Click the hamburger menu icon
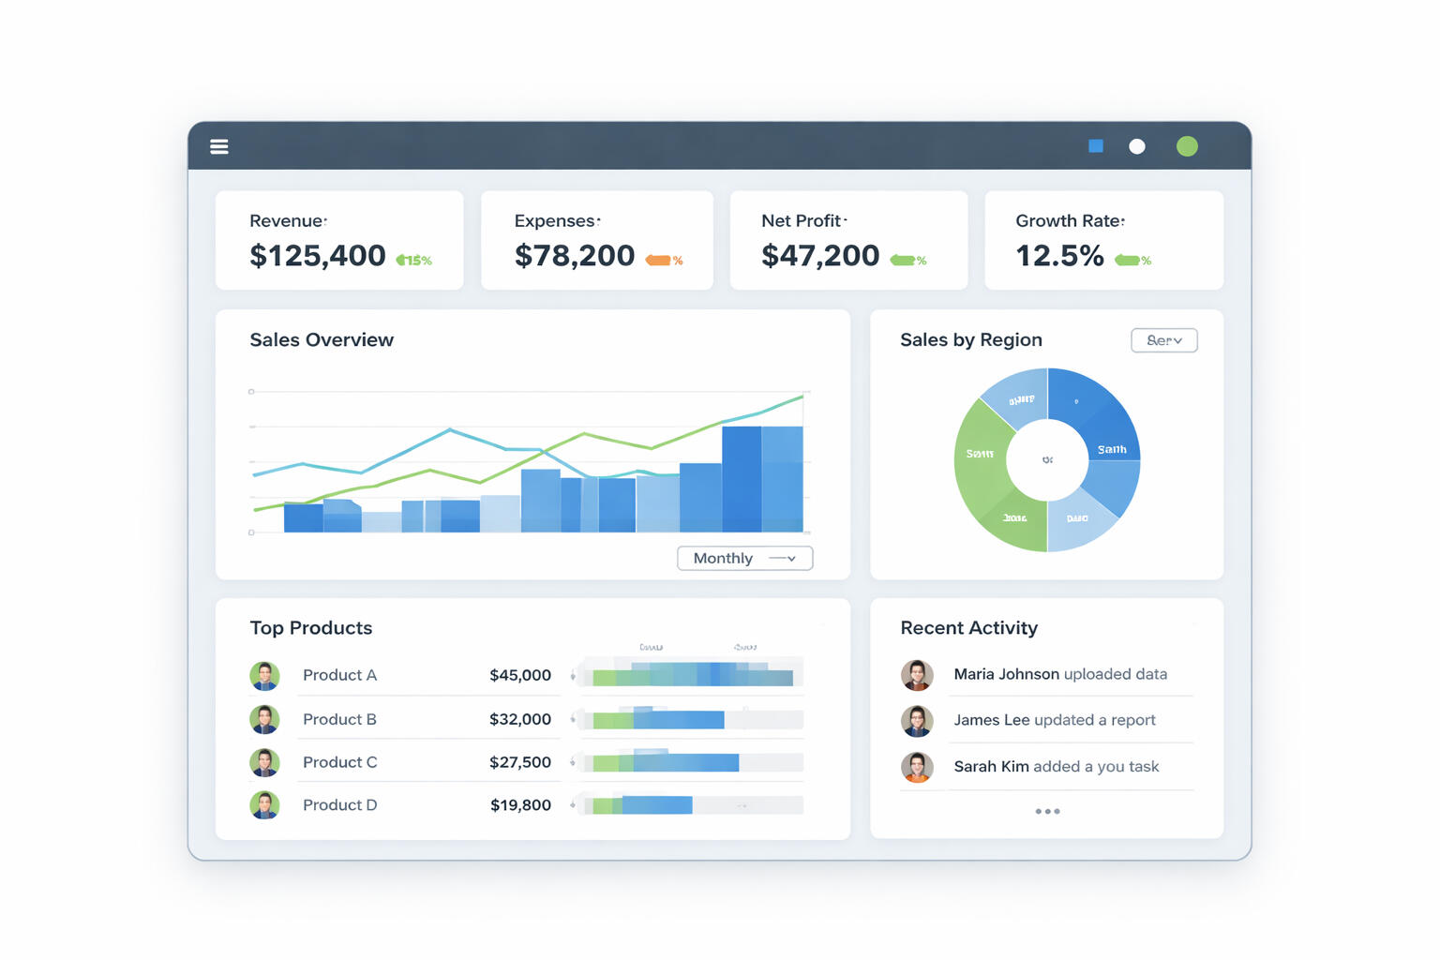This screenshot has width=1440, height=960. pos(219,146)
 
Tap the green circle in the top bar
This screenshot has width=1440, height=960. pos(1187,146)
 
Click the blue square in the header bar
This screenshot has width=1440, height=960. pos(1096,146)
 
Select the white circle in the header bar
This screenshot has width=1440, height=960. pos(1137,146)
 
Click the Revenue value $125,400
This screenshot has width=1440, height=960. pos(318,256)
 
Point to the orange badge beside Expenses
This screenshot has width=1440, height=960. pos(659,261)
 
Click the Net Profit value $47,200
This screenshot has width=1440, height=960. pos(820,256)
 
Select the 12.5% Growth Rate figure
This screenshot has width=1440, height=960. pos(1059,256)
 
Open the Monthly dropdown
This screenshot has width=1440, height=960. pos(744,558)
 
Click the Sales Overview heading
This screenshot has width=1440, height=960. pos(322,340)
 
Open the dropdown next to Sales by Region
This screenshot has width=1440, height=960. pos(1163,340)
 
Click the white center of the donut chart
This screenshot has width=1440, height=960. pos(1047,459)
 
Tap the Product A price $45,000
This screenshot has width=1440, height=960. pos(520,675)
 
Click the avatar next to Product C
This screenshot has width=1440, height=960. pos(264,762)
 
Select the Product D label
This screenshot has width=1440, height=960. pos(339,805)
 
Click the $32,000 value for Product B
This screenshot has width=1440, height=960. pos(520,719)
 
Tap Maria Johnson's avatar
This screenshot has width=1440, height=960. pos(917,675)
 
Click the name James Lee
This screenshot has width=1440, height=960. pos(992,720)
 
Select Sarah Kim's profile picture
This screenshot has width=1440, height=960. pos(917,767)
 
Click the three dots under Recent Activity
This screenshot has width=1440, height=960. pos(1047,811)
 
